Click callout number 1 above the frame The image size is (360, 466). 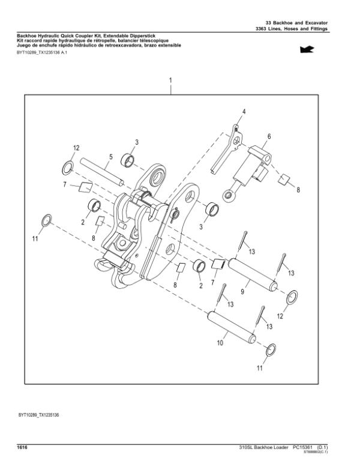[171, 80]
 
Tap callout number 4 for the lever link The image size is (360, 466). [244, 112]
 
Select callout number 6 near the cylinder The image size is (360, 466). [269, 136]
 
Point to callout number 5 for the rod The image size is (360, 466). [110, 159]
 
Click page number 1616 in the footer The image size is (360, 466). [23, 447]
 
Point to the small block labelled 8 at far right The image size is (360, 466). [284, 178]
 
